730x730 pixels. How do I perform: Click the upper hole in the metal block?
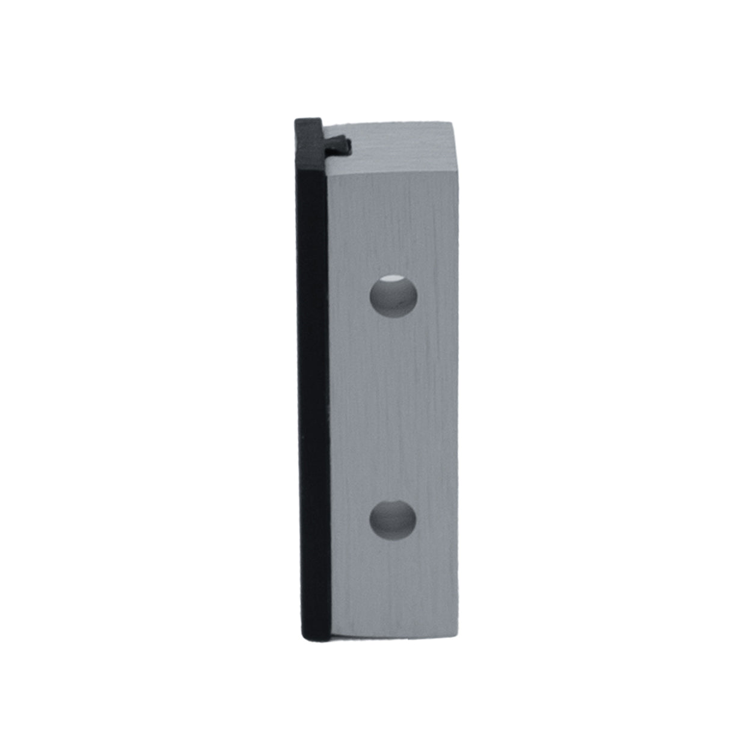(x=393, y=296)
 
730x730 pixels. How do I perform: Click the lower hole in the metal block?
(x=393, y=520)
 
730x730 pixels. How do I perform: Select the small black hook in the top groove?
(x=339, y=144)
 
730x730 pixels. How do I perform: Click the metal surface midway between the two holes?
(x=393, y=409)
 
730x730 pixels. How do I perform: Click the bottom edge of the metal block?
(x=394, y=636)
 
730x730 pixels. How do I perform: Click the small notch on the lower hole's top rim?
(x=394, y=502)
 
